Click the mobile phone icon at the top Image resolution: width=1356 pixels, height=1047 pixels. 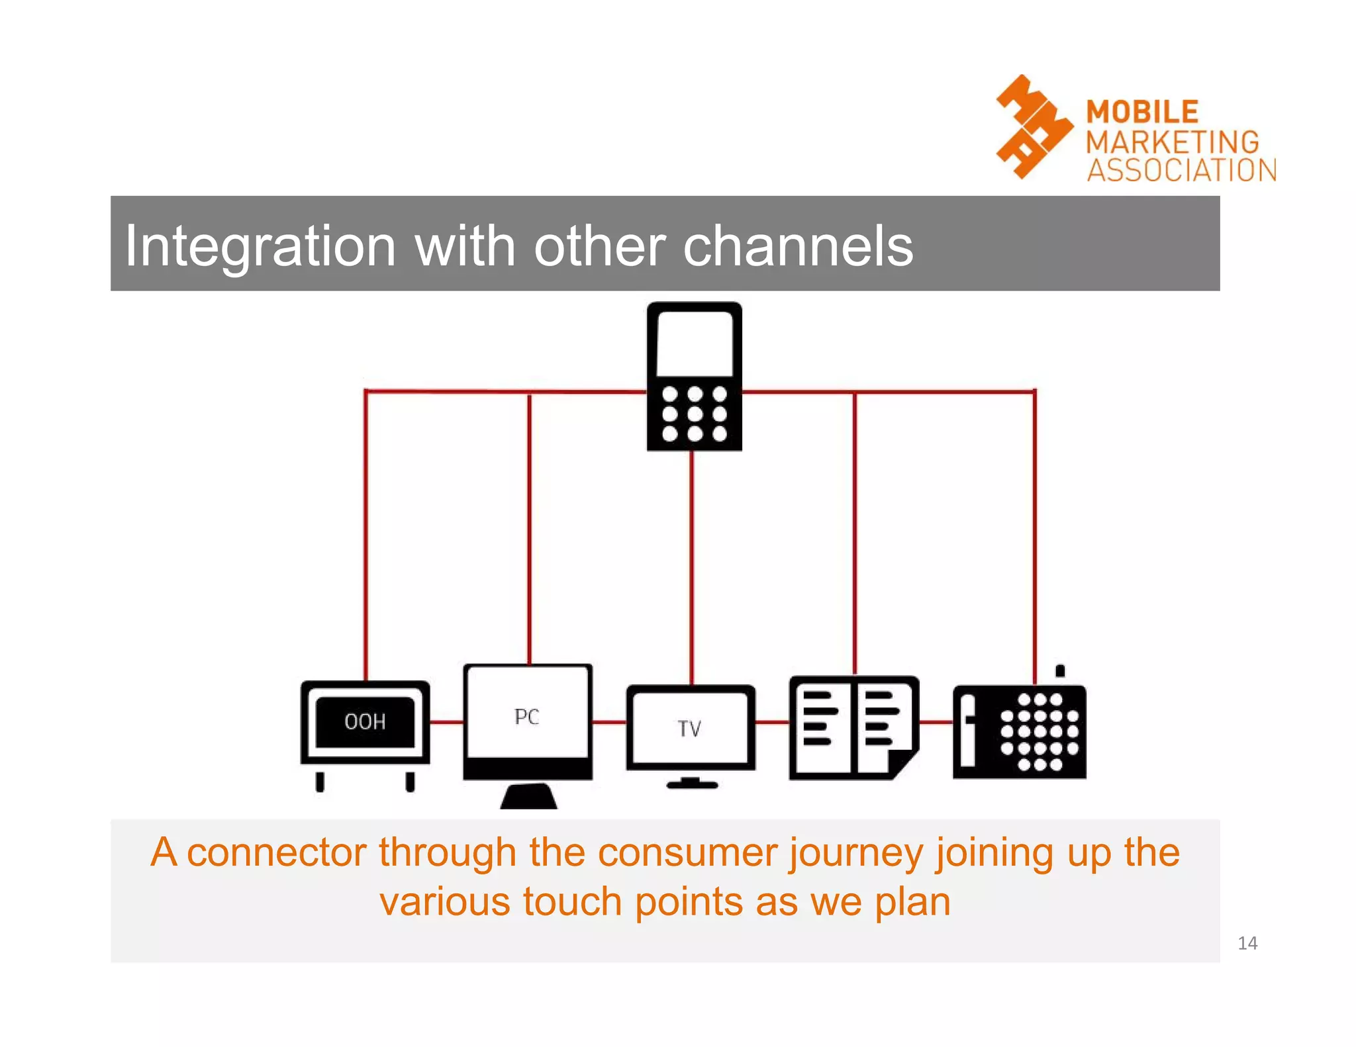coord(694,377)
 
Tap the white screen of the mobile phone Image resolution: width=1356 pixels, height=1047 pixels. coord(694,342)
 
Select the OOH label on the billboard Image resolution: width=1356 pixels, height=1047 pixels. coord(365,721)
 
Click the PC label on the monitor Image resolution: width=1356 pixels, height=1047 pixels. coord(527,717)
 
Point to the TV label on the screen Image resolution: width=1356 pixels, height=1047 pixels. coord(689,729)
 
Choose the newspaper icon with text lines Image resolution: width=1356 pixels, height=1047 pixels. coord(853,728)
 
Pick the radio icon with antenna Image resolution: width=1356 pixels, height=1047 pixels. coord(1019,731)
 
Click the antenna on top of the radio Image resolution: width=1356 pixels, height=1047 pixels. coord(1060,671)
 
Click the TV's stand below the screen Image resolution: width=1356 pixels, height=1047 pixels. coord(691,784)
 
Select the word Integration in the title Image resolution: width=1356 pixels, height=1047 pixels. coord(260,246)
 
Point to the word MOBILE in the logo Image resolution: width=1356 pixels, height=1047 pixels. coord(1142,112)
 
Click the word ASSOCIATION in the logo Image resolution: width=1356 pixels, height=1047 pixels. coord(1181,170)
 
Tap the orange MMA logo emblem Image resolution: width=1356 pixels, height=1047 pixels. coord(1033,127)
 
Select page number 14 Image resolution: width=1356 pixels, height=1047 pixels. coord(1247,943)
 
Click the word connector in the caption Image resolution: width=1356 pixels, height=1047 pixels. coord(275,852)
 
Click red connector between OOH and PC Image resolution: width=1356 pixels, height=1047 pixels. coord(446,721)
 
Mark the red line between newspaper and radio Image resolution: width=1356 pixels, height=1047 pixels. coord(936,722)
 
